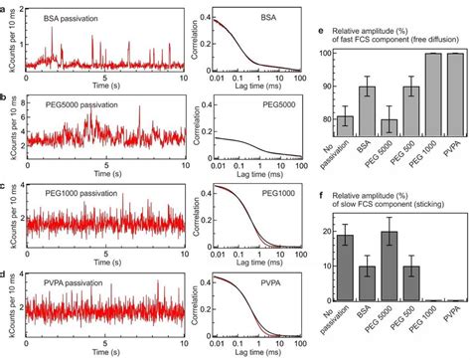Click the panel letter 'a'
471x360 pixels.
point(5,7)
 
